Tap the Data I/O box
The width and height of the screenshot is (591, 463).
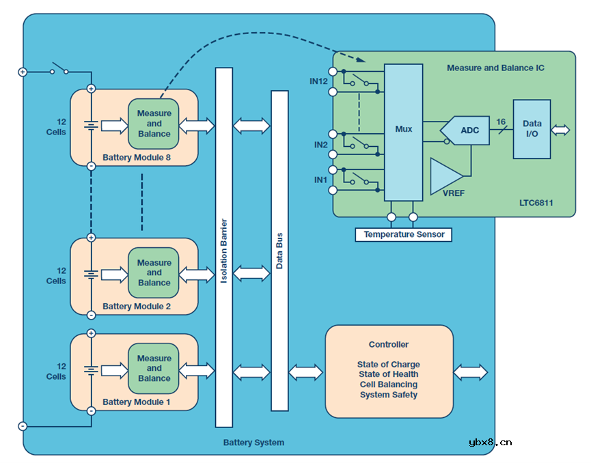(532, 130)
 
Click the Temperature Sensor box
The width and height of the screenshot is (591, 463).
(404, 234)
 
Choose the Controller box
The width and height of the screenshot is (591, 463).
(389, 371)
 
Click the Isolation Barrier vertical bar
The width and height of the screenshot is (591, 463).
(224, 247)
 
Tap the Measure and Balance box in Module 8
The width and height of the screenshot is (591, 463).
(154, 124)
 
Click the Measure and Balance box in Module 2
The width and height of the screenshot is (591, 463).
(154, 272)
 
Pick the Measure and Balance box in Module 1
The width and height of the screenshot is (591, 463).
(154, 368)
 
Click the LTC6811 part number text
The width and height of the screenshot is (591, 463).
(536, 204)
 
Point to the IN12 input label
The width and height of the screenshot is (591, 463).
(319, 81)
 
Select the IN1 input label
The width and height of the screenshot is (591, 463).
(321, 180)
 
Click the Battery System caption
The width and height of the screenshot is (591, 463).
(253, 443)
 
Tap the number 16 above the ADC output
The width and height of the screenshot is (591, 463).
(501, 122)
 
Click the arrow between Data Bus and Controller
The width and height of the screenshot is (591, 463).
(305, 372)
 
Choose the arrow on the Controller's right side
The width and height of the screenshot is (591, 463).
(471, 372)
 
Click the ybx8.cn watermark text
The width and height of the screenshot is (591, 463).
(490, 443)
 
